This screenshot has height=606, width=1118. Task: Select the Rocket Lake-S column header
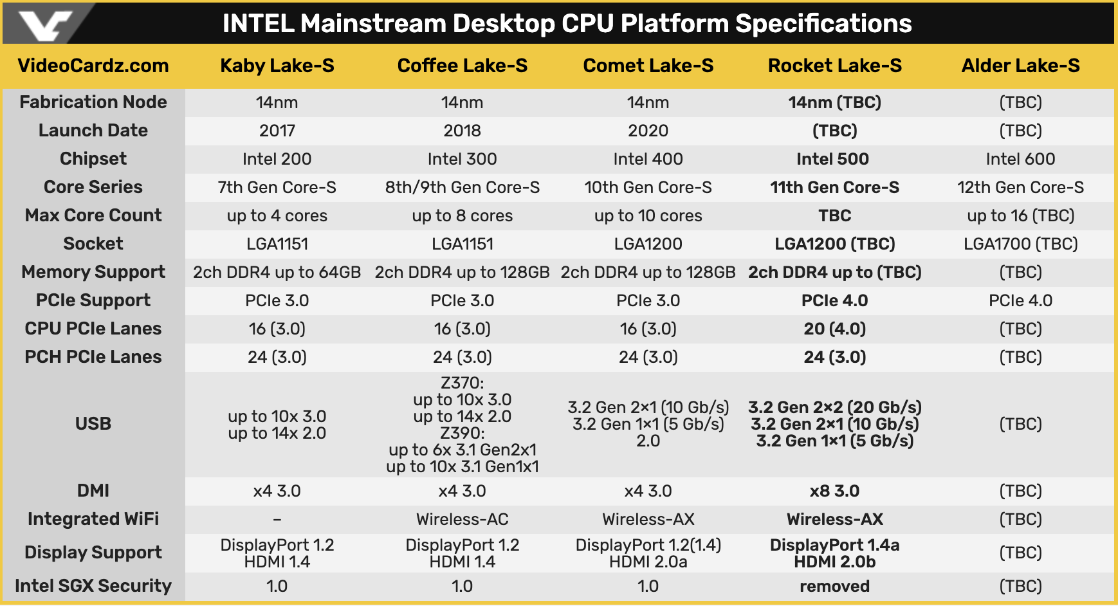(835, 66)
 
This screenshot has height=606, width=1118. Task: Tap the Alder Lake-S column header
(1021, 66)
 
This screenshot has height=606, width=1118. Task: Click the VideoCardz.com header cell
(93, 66)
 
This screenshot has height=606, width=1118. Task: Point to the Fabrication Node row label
(93, 102)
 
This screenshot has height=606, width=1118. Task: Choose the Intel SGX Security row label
(93, 586)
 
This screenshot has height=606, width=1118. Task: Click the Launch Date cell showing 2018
(463, 131)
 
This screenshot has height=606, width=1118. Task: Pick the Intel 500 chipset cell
(833, 159)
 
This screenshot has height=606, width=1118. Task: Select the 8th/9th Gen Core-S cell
(463, 187)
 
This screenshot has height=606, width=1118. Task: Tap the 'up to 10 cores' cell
(648, 216)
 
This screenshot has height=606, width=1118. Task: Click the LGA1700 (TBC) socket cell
(1021, 244)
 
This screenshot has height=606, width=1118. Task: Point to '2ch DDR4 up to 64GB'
(277, 272)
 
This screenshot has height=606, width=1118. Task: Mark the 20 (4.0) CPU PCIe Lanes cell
(835, 329)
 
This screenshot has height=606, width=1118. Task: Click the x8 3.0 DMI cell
(835, 491)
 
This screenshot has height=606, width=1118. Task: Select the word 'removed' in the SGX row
(835, 586)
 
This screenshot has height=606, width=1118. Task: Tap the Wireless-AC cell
(463, 519)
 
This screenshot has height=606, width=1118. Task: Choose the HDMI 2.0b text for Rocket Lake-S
(835, 562)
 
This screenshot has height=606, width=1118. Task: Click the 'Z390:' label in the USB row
(463, 433)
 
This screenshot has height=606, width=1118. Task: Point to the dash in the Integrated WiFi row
(277, 519)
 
